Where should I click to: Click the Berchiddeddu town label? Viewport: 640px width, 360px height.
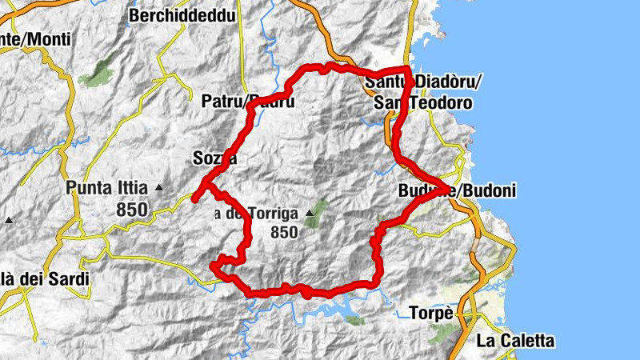pos(179,15)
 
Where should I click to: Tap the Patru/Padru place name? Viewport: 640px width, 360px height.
pos(248,102)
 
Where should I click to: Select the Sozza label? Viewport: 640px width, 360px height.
pos(214,158)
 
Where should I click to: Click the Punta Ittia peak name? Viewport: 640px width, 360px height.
pos(107,189)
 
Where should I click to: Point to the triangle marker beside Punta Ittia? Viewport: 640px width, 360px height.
pos(159,188)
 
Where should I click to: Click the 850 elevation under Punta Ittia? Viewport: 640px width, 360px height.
pos(131,210)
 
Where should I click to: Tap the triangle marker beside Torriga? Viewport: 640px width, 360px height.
pos(309,214)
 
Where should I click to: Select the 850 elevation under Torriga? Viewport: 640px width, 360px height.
pos(284,233)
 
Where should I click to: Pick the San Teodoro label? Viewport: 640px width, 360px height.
pos(422,104)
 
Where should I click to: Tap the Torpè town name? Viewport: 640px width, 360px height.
pos(431,313)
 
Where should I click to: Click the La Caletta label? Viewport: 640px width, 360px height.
pos(514,341)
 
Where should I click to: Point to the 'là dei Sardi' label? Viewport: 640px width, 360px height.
pos(44,279)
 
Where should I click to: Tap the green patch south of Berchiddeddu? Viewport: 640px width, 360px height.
pos(101,74)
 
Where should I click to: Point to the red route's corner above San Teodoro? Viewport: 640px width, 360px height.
pos(408,70)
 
